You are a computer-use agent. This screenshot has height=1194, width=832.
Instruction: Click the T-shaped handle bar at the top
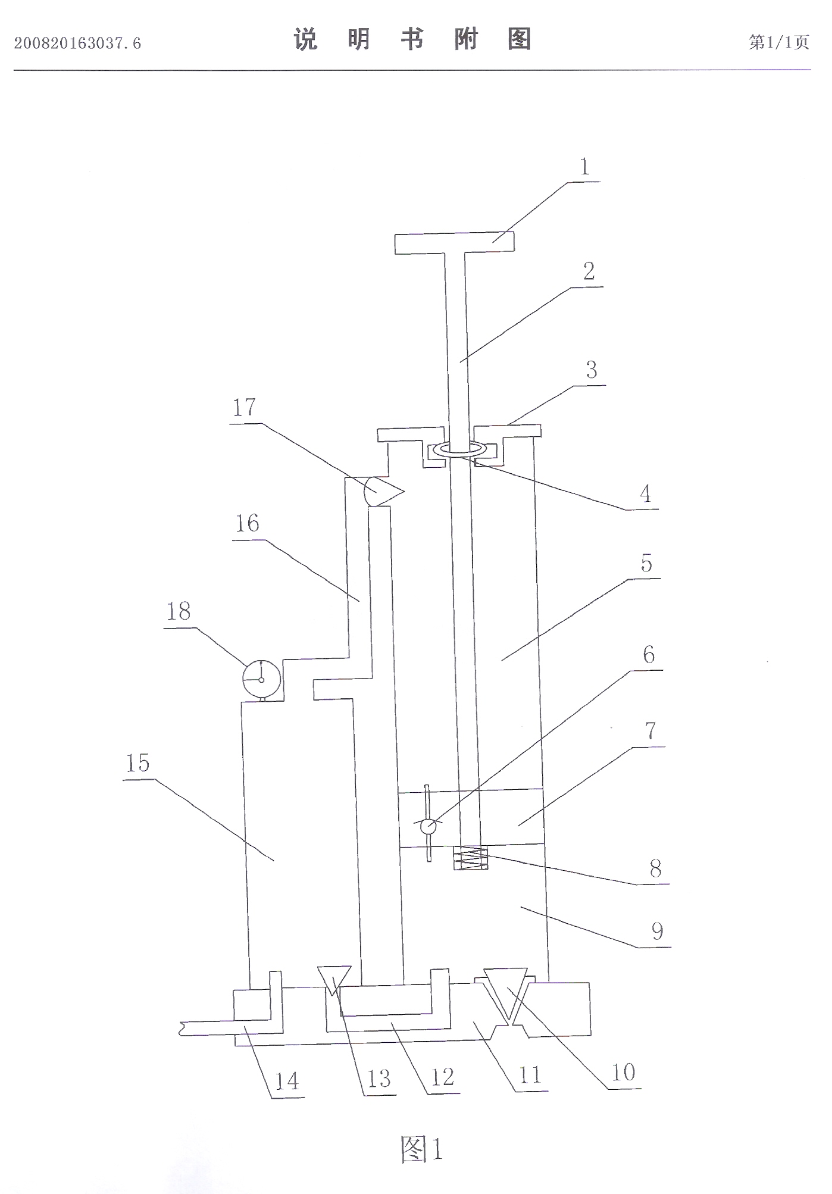[x=455, y=243]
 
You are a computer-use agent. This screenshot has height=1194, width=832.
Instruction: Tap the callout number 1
[x=584, y=167]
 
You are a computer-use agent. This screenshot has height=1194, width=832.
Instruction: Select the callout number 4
[x=645, y=493]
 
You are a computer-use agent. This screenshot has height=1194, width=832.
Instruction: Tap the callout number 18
[x=179, y=611]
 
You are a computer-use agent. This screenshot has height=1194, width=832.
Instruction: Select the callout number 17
[x=244, y=408]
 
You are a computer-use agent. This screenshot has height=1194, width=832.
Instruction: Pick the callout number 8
[x=655, y=869]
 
